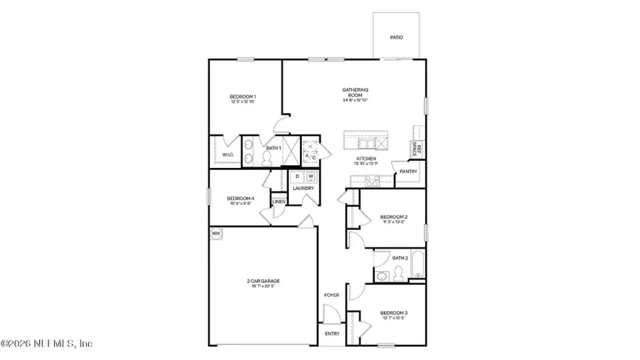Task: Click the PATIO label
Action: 396,37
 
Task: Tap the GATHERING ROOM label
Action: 356,90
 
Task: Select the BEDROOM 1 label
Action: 242,97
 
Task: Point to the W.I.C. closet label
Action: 228,154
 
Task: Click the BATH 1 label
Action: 273,148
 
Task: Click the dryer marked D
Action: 297,176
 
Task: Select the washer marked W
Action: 310,176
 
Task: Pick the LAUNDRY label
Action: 304,188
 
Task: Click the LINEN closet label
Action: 279,202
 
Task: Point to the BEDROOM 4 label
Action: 240,198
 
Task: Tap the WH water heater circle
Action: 215,233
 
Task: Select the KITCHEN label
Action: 366,159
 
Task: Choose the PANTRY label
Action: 408,171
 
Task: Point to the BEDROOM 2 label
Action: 393,217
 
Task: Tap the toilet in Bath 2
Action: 399,272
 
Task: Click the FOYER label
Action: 331,295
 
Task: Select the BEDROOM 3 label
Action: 393,313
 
